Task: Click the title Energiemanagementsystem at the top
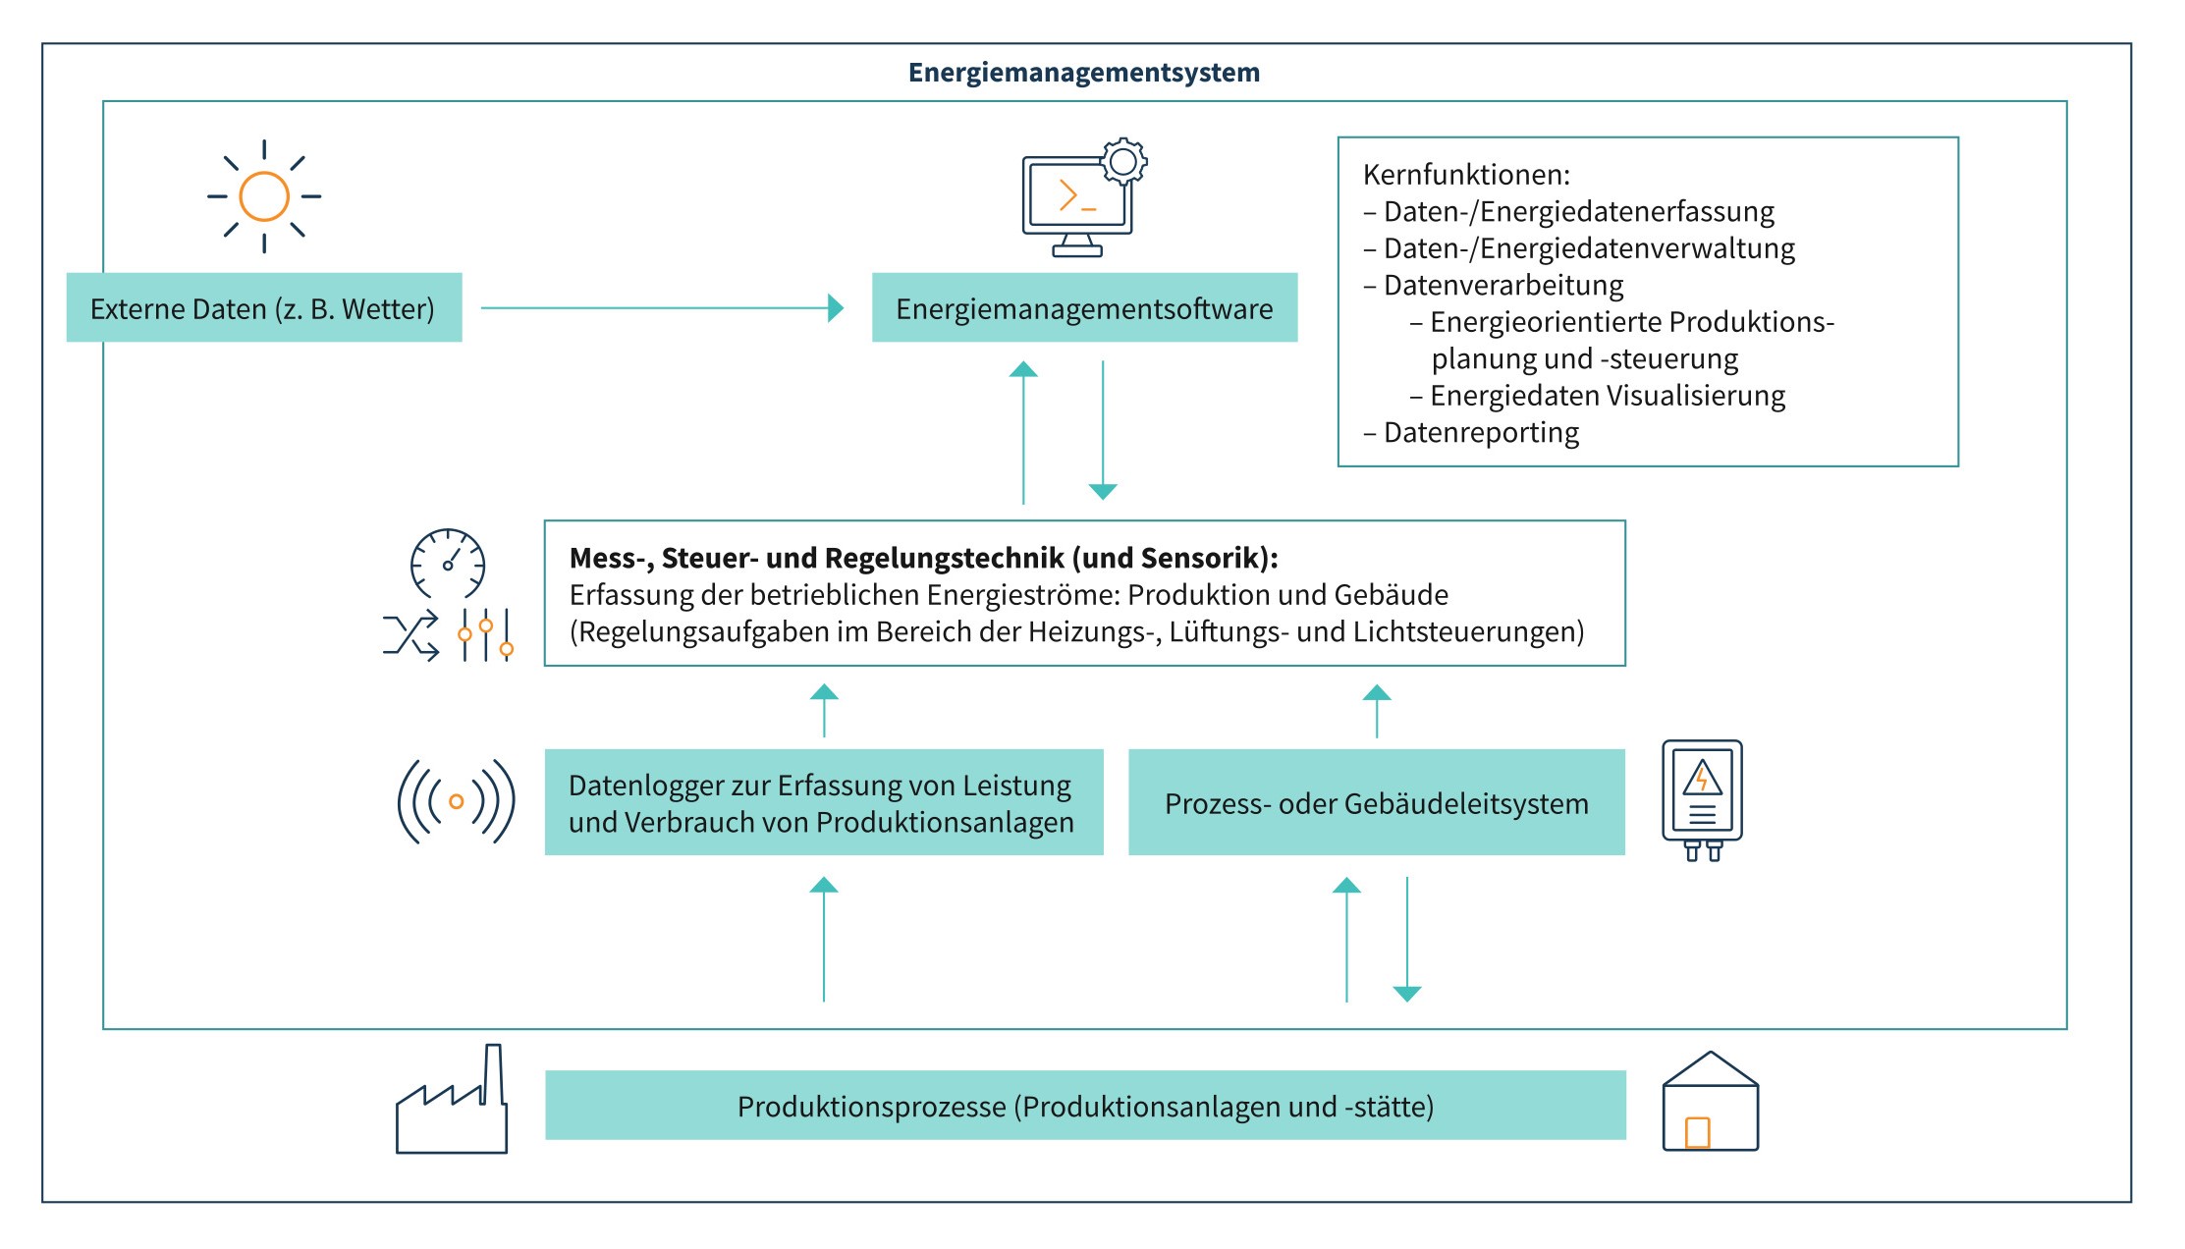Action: point(1083,73)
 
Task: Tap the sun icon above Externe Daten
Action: point(264,196)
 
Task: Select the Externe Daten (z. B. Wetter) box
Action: point(263,308)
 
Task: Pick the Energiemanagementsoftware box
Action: point(1084,308)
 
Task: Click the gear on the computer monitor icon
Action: point(1124,162)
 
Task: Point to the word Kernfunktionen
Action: point(1466,175)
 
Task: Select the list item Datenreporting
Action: point(1480,432)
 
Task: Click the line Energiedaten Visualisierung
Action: point(1607,396)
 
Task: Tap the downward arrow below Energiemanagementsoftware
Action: point(1103,432)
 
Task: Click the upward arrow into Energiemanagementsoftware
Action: point(1023,432)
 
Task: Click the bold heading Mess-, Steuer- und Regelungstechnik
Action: point(923,558)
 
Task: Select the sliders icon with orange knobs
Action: point(486,635)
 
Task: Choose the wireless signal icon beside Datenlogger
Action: point(456,802)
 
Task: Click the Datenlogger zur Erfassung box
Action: point(823,802)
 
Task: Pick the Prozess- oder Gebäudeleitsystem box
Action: point(1376,802)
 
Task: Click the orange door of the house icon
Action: point(1697,1132)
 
